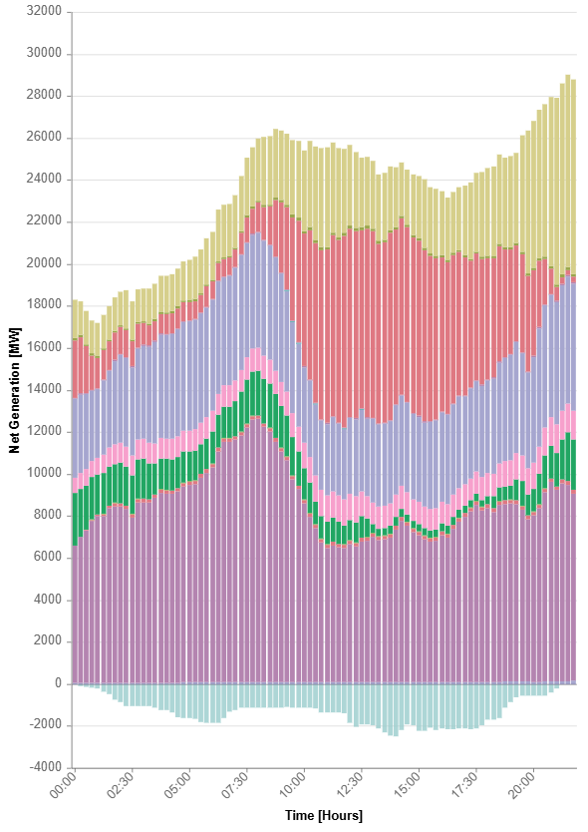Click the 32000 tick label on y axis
tap(44, 11)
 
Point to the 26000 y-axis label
tap(44, 137)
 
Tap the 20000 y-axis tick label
tap(44, 263)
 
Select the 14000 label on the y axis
tap(44, 389)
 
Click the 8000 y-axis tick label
tap(47, 515)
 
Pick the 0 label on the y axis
tap(59, 683)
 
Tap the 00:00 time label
tap(64, 785)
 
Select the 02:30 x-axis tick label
tap(121, 785)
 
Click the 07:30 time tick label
tap(236, 785)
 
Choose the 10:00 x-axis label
tap(293, 785)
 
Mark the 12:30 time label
tap(351, 785)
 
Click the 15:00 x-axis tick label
tap(408, 785)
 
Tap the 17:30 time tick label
tap(465, 785)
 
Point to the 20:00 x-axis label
tap(522, 785)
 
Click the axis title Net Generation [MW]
tap(14, 390)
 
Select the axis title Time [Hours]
tap(324, 815)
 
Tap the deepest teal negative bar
tap(396, 710)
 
